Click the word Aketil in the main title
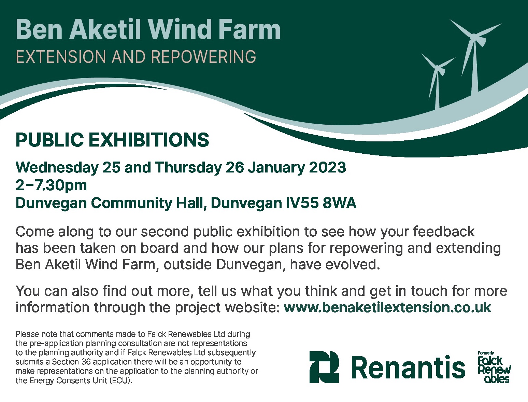coord(106,30)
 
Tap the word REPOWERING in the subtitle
coord(203,57)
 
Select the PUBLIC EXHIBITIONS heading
coord(112,140)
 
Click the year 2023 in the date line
coord(327,167)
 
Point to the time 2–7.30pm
coord(51,185)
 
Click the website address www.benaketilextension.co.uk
coord(387,307)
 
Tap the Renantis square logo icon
coord(324,367)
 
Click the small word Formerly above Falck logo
coord(486,353)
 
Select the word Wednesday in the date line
coord(57,167)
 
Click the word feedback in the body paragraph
coord(444,232)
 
